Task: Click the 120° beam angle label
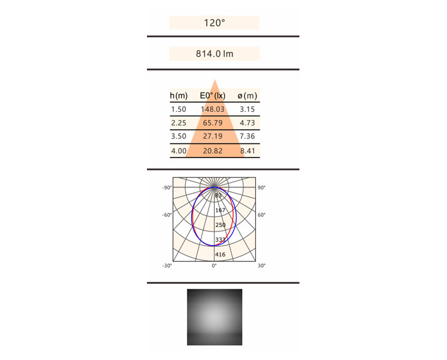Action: click(215, 23)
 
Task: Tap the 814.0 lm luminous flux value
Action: click(215, 54)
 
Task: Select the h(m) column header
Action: click(179, 96)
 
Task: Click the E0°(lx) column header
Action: click(212, 96)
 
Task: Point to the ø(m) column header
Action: click(247, 96)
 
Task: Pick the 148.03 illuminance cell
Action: click(212, 110)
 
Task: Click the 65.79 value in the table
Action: click(212, 123)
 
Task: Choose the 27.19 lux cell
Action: click(212, 136)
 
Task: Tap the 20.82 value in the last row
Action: click(212, 151)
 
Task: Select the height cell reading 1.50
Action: click(178, 110)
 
